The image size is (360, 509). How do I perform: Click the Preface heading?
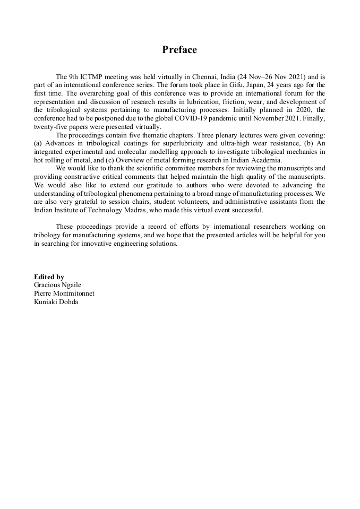point(179,50)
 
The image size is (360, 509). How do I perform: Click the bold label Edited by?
point(49,277)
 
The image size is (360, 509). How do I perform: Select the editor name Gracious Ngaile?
point(57,285)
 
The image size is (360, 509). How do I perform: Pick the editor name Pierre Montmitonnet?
point(64,294)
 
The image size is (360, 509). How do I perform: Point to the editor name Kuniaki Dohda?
point(56,302)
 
